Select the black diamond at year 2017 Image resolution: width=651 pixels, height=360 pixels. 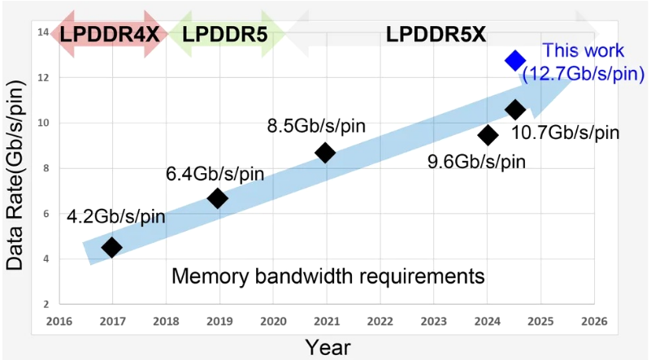click(112, 247)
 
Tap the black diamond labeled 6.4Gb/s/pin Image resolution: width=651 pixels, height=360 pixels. click(217, 198)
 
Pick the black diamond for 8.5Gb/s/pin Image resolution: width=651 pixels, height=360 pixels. click(325, 152)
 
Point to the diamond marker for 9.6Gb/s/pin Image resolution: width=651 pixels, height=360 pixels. click(488, 135)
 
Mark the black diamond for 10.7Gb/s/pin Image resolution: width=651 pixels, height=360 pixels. click(515, 109)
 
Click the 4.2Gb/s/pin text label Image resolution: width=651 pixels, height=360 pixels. click(115, 216)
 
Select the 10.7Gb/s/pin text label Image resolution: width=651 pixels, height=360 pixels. click(565, 132)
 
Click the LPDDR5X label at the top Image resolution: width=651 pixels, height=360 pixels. click(436, 35)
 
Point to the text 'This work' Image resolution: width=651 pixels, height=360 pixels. click(584, 50)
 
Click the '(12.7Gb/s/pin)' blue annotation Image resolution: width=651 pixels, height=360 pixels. click(584, 73)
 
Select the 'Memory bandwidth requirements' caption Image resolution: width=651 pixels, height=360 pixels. click(328, 276)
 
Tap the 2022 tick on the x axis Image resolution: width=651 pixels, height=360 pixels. click(380, 321)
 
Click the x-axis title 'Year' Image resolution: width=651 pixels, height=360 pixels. click(328, 347)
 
